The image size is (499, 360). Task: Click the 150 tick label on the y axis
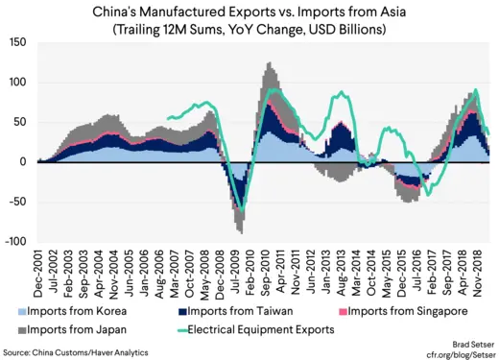pos(17,42)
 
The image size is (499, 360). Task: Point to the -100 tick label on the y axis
pos(14,242)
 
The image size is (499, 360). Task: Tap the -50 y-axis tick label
pos(17,202)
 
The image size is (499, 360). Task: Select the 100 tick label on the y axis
pos(17,82)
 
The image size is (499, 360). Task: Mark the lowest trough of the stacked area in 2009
pos(241,233)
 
